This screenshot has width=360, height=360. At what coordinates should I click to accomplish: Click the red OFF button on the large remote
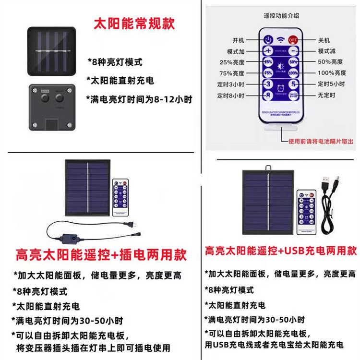(294, 39)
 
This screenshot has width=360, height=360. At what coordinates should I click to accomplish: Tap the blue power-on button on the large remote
(268, 39)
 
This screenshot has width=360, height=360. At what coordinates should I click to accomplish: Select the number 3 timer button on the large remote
(268, 84)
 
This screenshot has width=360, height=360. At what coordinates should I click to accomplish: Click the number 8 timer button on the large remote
(268, 96)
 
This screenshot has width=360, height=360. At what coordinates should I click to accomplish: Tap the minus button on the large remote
(294, 50)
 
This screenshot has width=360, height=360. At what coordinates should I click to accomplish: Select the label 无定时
(326, 96)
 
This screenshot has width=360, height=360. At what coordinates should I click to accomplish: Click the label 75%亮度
(232, 73)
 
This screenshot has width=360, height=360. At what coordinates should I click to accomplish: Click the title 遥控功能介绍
(282, 15)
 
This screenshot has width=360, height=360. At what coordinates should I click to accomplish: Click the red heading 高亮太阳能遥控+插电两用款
(101, 254)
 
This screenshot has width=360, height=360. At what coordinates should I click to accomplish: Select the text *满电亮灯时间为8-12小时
(139, 99)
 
